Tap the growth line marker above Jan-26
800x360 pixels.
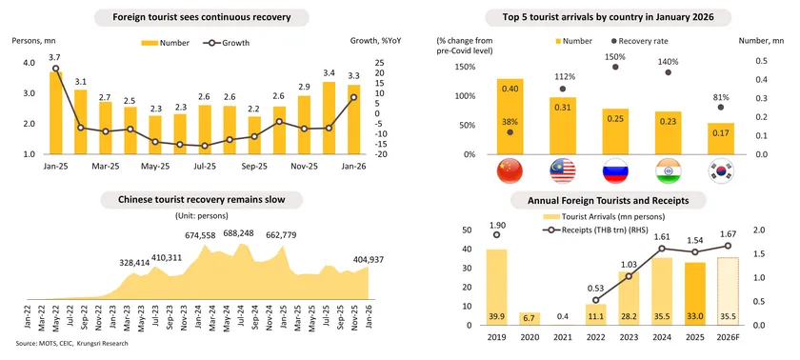(x=354, y=97)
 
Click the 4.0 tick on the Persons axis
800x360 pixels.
(x=29, y=63)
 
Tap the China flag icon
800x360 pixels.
(x=510, y=171)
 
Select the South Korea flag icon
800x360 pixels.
(x=720, y=171)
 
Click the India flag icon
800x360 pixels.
(x=668, y=171)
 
